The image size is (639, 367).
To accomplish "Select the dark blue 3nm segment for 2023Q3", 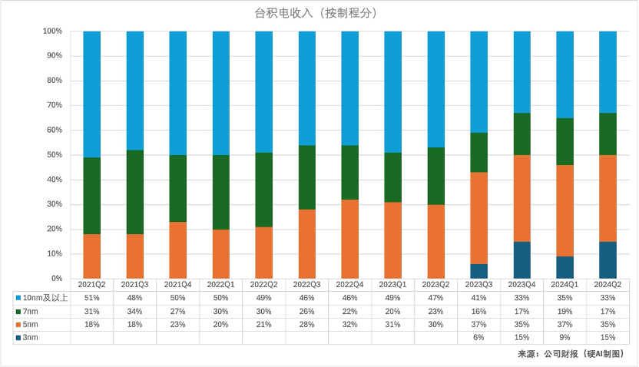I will point(478,271).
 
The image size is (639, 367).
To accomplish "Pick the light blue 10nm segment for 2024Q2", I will point(608,72).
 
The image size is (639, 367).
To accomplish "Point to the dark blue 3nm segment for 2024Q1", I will point(565,267).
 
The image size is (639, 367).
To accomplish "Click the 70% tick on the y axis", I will point(53,105).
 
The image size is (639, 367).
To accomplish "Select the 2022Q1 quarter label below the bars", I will point(220,285).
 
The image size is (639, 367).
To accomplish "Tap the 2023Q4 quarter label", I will point(521,285).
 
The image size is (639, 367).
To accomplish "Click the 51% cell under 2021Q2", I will point(91,298).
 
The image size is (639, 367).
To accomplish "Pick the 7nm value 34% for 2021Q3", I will point(134,311).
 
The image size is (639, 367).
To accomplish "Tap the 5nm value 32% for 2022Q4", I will point(349,325).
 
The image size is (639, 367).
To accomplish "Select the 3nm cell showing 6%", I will point(478,338).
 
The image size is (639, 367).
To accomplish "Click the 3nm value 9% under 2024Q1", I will point(565,338).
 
